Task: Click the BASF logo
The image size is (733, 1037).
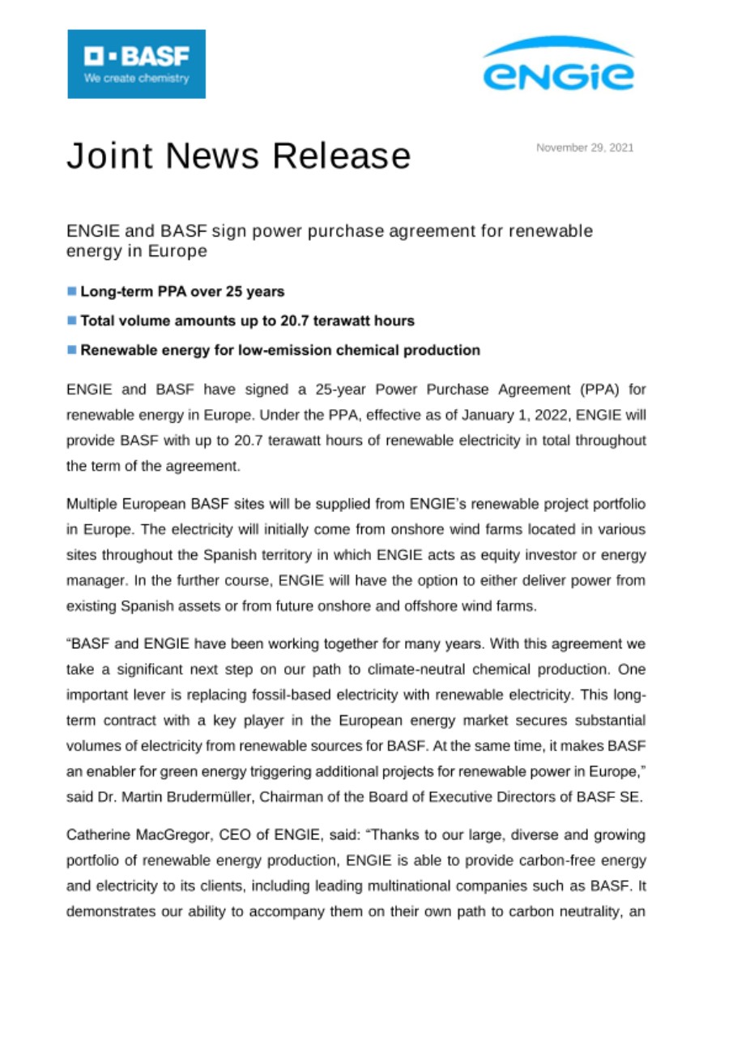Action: tap(136, 64)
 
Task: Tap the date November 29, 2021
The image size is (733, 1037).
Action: tap(585, 147)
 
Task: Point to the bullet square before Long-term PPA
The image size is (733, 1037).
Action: tap(71, 291)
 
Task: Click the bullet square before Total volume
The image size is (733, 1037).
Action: tap(71, 321)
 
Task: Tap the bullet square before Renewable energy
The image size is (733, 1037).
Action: tap(71, 351)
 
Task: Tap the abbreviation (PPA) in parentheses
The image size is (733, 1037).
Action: tap(601, 390)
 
